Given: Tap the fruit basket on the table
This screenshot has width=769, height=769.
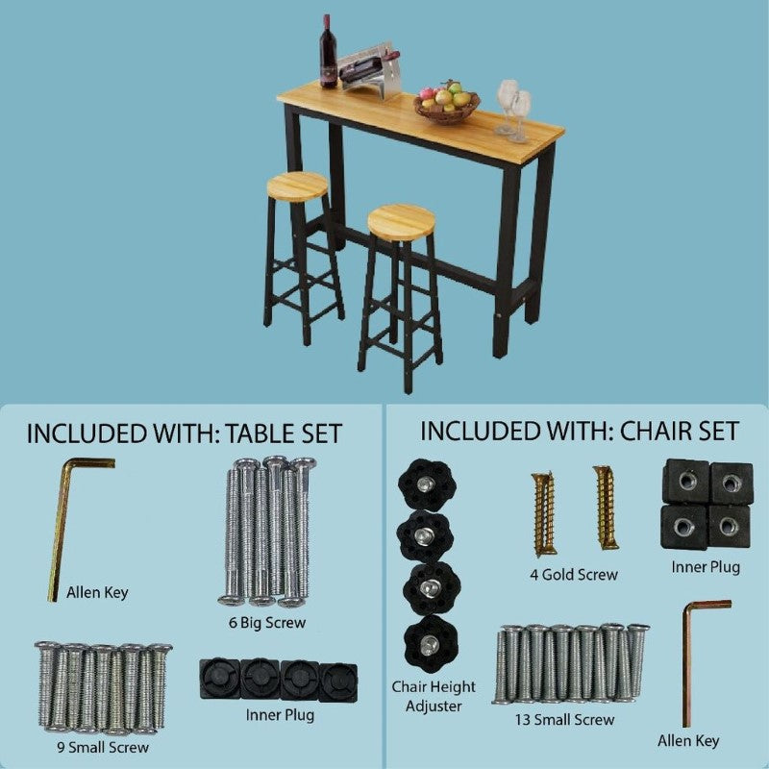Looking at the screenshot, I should (x=447, y=102).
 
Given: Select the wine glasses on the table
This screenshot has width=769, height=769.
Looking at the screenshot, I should (x=513, y=110).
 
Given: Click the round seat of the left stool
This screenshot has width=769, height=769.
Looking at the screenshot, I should (x=296, y=186).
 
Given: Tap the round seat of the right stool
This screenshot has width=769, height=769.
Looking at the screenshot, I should (x=402, y=221).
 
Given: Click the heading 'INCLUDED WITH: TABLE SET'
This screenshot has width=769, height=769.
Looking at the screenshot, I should (x=184, y=433).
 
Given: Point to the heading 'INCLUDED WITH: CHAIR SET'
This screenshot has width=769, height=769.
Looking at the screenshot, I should (x=579, y=430).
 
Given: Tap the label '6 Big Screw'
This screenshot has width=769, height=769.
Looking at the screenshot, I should (x=268, y=623).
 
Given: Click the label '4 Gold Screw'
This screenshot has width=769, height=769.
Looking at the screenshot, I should (x=575, y=575).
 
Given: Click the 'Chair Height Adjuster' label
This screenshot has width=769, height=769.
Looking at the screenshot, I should (x=434, y=696).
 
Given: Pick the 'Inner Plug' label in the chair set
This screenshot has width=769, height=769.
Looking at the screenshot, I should (x=706, y=567).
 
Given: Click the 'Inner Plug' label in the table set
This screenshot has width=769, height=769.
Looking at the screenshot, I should (x=280, y=715).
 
